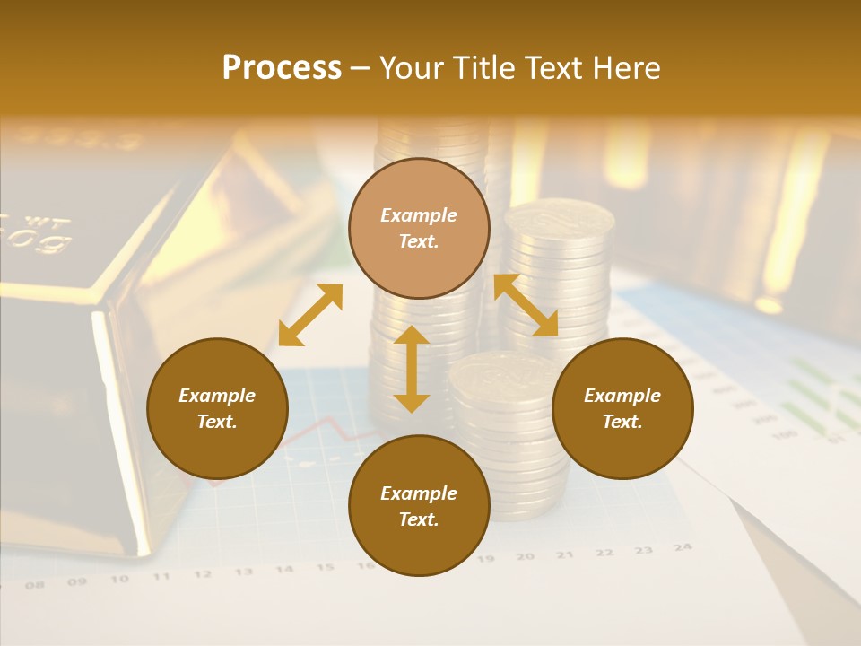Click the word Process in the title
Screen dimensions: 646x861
pos(282,68)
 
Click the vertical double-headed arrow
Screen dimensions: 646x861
pos(412,369)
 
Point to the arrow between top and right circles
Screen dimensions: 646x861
pos(526,305)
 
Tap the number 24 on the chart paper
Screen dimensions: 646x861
pos(683,546)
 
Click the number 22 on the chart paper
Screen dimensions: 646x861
pos(604,553)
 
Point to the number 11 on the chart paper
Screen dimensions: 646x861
pos(161,577)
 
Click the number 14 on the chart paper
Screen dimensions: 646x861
pos(283,569)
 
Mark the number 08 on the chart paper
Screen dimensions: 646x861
pos(35,585)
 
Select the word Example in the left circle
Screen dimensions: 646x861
pos(217,396)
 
